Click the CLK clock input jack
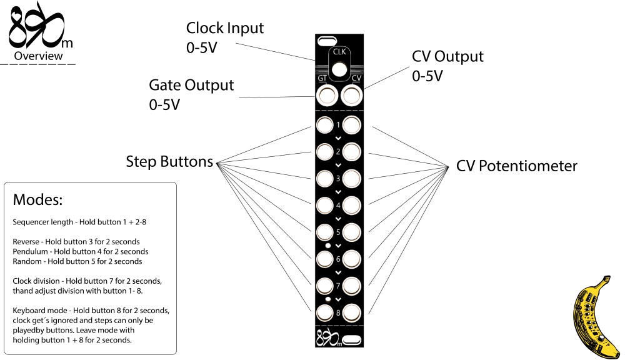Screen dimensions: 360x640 point(339,69)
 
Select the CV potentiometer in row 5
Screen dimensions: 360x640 point(352,232)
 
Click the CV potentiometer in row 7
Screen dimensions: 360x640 point(352,286)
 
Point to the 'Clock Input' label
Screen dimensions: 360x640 point(225,28)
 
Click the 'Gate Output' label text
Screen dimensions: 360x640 point(191,84)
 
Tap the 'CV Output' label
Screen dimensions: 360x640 point(447,56)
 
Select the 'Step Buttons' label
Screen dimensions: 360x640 point(169,162)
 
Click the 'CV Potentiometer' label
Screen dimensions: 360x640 point(516,166)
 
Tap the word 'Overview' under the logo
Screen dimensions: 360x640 point(39,56)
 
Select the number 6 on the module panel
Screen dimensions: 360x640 point(338,259)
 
